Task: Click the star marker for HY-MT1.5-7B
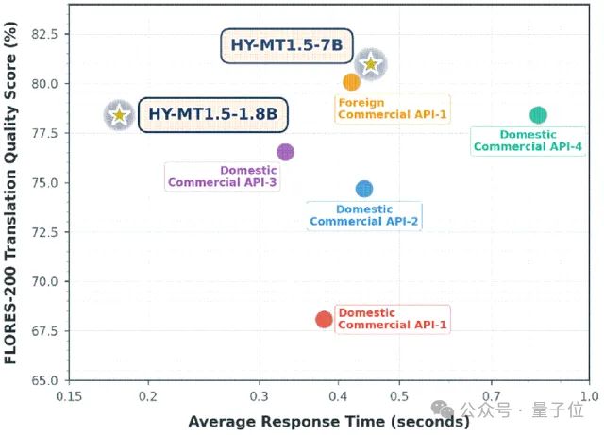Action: click(372, 64)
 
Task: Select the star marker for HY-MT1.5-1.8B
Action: click(119, 115)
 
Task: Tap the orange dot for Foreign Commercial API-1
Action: click(351, 82)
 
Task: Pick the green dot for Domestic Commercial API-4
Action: click(538, 115)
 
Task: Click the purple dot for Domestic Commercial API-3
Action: click(285, 152)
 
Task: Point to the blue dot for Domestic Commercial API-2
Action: click(364, 189)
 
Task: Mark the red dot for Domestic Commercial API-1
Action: click(324, 320)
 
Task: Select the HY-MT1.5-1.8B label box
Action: click(212, 115)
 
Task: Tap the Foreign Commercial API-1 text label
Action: click(392, 109)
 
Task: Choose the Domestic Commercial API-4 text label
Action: click(528, 141)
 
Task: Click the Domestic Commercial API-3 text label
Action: click(222, 176)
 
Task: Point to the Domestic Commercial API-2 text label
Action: click(364, 215)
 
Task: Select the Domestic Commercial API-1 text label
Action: click(393, 319)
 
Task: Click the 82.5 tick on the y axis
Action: click(42, 34)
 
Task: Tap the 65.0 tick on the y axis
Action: click(42, 380)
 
